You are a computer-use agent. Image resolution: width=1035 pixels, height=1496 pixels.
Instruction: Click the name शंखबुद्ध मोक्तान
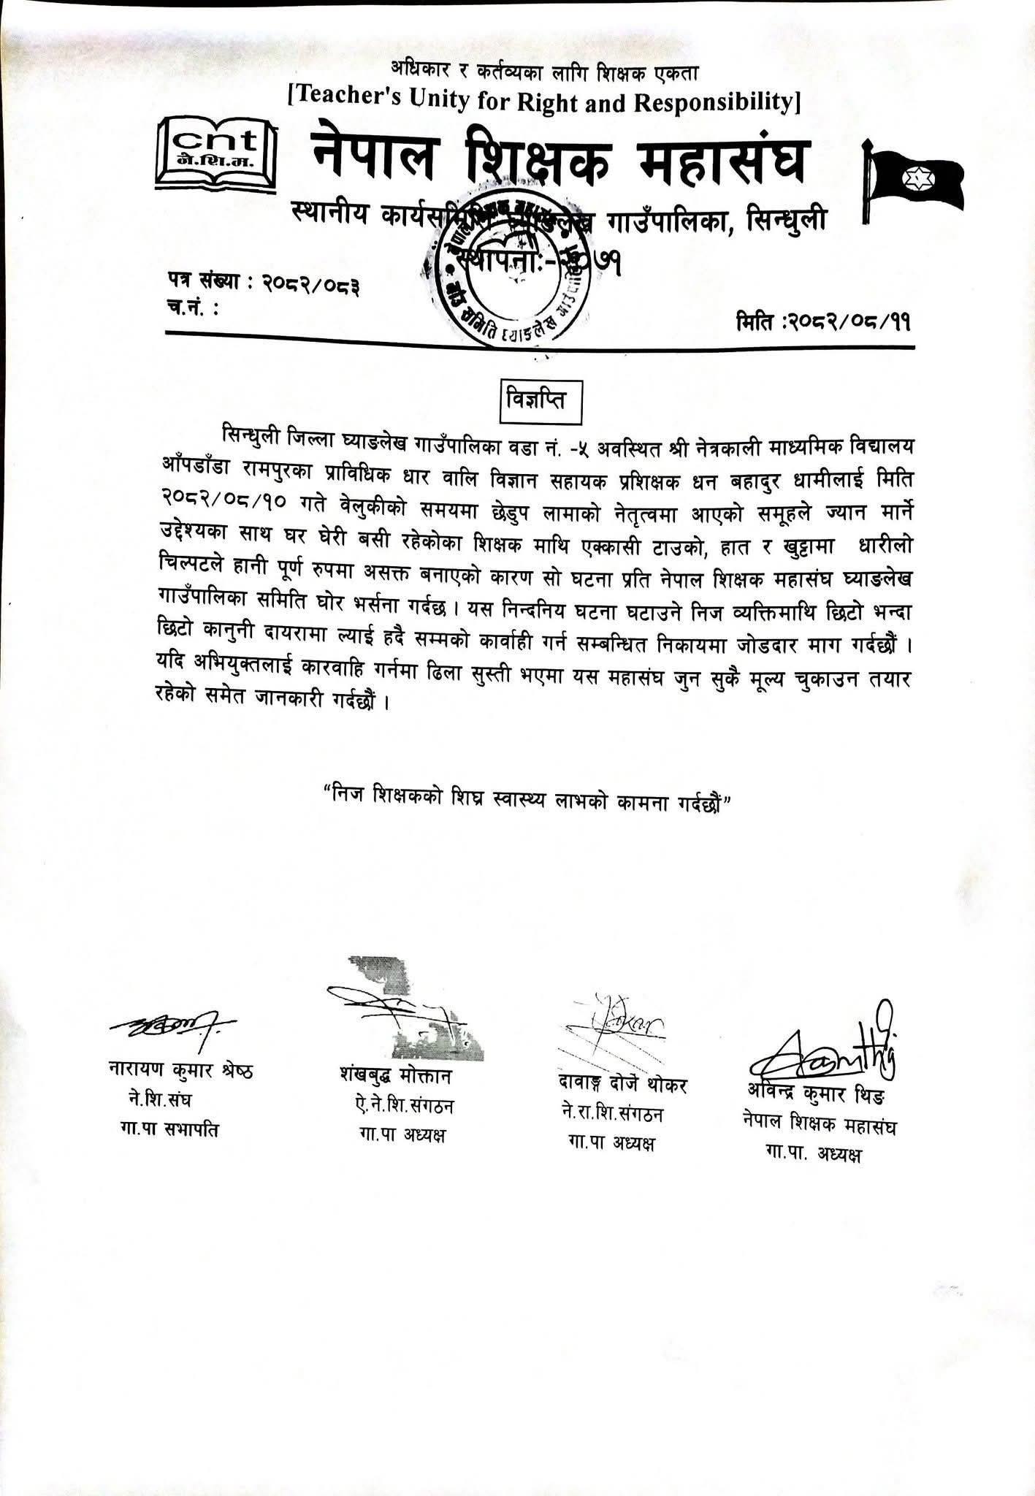point(397,1076)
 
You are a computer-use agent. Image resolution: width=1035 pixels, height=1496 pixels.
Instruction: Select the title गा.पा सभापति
point(169,1130)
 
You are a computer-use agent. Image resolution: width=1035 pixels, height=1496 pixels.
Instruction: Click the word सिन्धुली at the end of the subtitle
point(782,218)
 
